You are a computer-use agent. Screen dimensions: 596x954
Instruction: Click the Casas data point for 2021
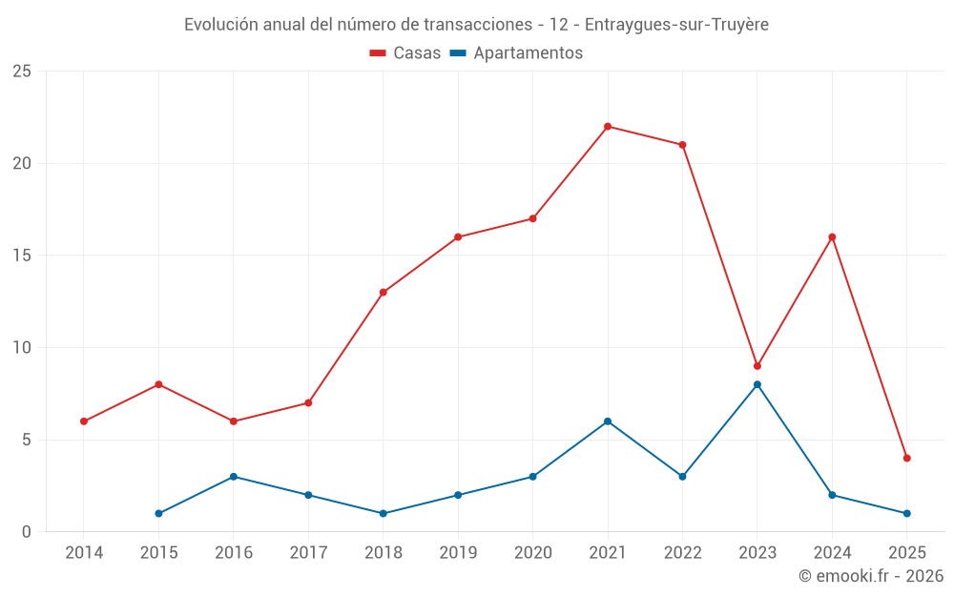pos(608,127)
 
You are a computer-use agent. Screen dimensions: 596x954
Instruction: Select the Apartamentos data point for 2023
pos(757,384)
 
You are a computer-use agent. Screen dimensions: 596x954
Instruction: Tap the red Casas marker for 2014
pos(84,421)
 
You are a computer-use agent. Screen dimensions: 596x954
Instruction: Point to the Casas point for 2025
pos(907,458)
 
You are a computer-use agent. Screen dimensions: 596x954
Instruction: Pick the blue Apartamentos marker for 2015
pos(158,513)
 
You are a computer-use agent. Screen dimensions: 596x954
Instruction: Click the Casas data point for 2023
pos(757,366)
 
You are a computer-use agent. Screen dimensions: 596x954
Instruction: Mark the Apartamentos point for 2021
pos(608,421)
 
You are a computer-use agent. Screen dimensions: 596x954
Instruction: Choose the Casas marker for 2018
pos(384,293)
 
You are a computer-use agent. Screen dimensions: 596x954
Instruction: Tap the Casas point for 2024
pos(832,237)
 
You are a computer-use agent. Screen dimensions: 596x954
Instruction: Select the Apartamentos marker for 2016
pos(234,477)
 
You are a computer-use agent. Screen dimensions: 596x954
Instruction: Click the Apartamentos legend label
pos(528,53)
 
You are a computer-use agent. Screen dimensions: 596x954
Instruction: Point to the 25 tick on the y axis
pos(22,72)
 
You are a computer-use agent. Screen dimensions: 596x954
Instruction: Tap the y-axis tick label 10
pos(22,348)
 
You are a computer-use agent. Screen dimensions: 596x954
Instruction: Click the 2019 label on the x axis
pos(458,552)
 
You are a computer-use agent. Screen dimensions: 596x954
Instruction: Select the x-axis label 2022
pos(682,552)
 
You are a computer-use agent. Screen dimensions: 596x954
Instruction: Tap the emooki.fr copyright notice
pos(870,576)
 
